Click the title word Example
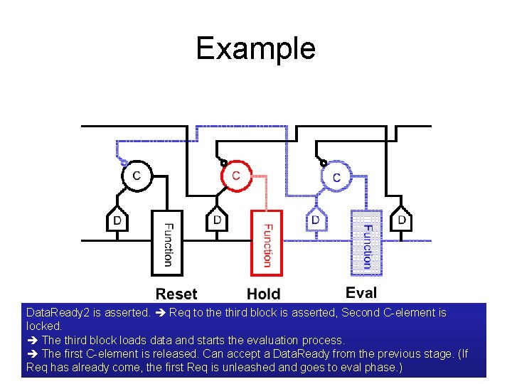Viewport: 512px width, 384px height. point(255,48)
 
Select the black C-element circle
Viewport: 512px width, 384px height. point(136,176)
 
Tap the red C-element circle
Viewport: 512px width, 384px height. point(236,176)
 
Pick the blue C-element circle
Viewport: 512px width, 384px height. point(336,176)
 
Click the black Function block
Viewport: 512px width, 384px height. point(167,243)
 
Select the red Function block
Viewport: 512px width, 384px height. point(267,243)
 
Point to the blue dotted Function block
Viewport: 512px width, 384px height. point(367,243)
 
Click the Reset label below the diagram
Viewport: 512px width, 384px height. point(176,294)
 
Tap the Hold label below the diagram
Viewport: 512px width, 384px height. point(264,294)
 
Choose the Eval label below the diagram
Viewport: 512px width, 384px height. point(361,292)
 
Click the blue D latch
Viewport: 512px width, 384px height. point(316,220)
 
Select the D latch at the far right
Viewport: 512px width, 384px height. point(402,220)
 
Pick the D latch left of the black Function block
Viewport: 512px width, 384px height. point(117,220)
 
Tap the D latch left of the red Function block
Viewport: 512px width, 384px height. point(217,220)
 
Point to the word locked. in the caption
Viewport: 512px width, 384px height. point(43,326)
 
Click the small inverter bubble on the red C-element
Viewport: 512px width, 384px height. point(224,162)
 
